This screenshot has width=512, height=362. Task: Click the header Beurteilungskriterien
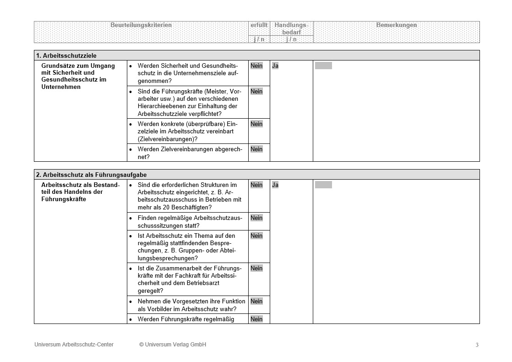[x=141, y=25]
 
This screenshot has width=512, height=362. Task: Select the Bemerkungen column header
[x=396, y=25]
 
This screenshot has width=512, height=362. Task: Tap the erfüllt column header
[x=259, y=25]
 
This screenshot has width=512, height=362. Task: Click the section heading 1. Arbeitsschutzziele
[x=66, y=55]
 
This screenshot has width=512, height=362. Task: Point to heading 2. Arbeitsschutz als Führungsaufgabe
[x=92, y=175]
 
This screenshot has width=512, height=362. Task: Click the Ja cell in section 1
[x=275, y=66]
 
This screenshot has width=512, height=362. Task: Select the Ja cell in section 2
[x=275, y=185]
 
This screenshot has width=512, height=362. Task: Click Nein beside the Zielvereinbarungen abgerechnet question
[x=256, y=149]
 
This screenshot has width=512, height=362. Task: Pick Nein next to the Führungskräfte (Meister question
[x=256, y=92]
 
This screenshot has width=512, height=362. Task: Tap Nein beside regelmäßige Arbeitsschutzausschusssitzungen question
[x=256, y=218]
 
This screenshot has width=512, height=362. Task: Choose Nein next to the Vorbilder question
[x=256, y=302]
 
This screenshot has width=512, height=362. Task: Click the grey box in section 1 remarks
[x=323, y=66]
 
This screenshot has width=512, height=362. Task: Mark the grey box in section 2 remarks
[x=323, y=185]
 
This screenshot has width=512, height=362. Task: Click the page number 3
[x=477, y=345]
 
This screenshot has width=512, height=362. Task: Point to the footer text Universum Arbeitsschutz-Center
[x=74, y=345]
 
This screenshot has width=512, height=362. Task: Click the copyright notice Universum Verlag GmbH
[x=173, y=345]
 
